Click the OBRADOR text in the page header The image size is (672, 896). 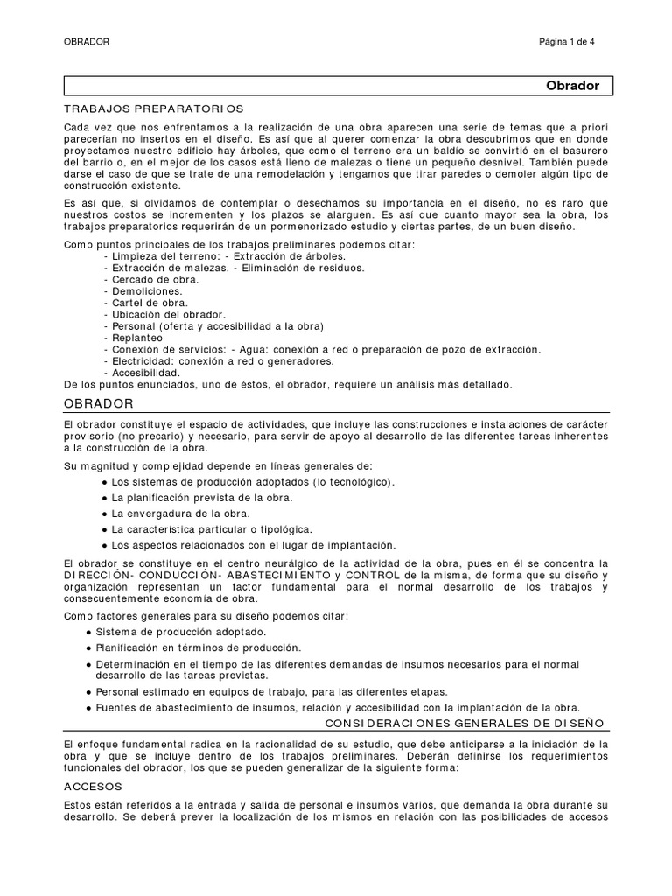point(87,41)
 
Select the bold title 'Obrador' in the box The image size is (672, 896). point(572,86)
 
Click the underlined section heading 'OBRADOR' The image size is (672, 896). point(98,403)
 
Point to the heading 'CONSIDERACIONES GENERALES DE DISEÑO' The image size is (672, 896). point(465,723)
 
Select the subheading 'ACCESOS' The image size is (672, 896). point(94,786)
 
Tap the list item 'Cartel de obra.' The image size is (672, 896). point(148,303)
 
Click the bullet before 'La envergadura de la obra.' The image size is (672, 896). point(105,514)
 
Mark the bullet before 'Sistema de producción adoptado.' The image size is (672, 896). point(90,632)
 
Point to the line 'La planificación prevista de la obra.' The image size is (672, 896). point(202,498)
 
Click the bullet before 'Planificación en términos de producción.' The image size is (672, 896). point(90,648)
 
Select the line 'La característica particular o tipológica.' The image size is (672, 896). point(213,529)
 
